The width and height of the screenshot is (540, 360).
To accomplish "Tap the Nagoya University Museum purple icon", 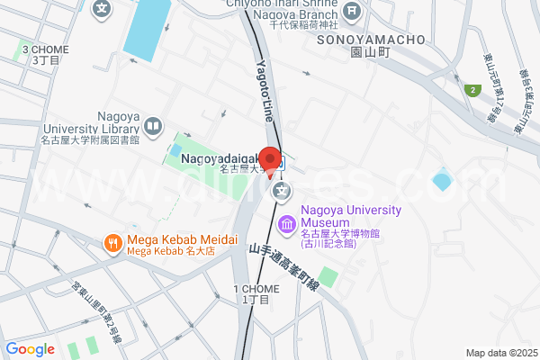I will click(286, 223).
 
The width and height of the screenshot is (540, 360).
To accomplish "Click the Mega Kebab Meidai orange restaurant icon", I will click(112, 241).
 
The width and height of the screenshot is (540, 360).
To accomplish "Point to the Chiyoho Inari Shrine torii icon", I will click(351, 11).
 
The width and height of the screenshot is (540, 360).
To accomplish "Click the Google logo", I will click(30, 349).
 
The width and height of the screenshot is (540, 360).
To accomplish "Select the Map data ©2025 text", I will click(499, 353).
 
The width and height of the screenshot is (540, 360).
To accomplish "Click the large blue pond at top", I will click(148, 28).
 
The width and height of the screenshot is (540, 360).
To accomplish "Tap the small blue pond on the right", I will click(441, 181).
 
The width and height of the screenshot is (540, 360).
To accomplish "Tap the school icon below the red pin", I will click(283, 191).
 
